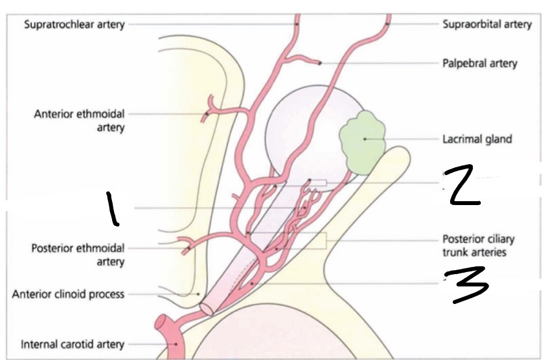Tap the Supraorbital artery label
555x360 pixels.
[487, 25]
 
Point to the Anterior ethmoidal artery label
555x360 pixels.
[79, 121]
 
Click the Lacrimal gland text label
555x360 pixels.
[477, 139]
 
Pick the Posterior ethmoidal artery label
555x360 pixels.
[78, 255]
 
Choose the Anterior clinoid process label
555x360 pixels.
[68, 294]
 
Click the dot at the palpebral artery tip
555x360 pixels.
[320, 63]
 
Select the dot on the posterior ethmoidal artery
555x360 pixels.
[187, 248]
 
